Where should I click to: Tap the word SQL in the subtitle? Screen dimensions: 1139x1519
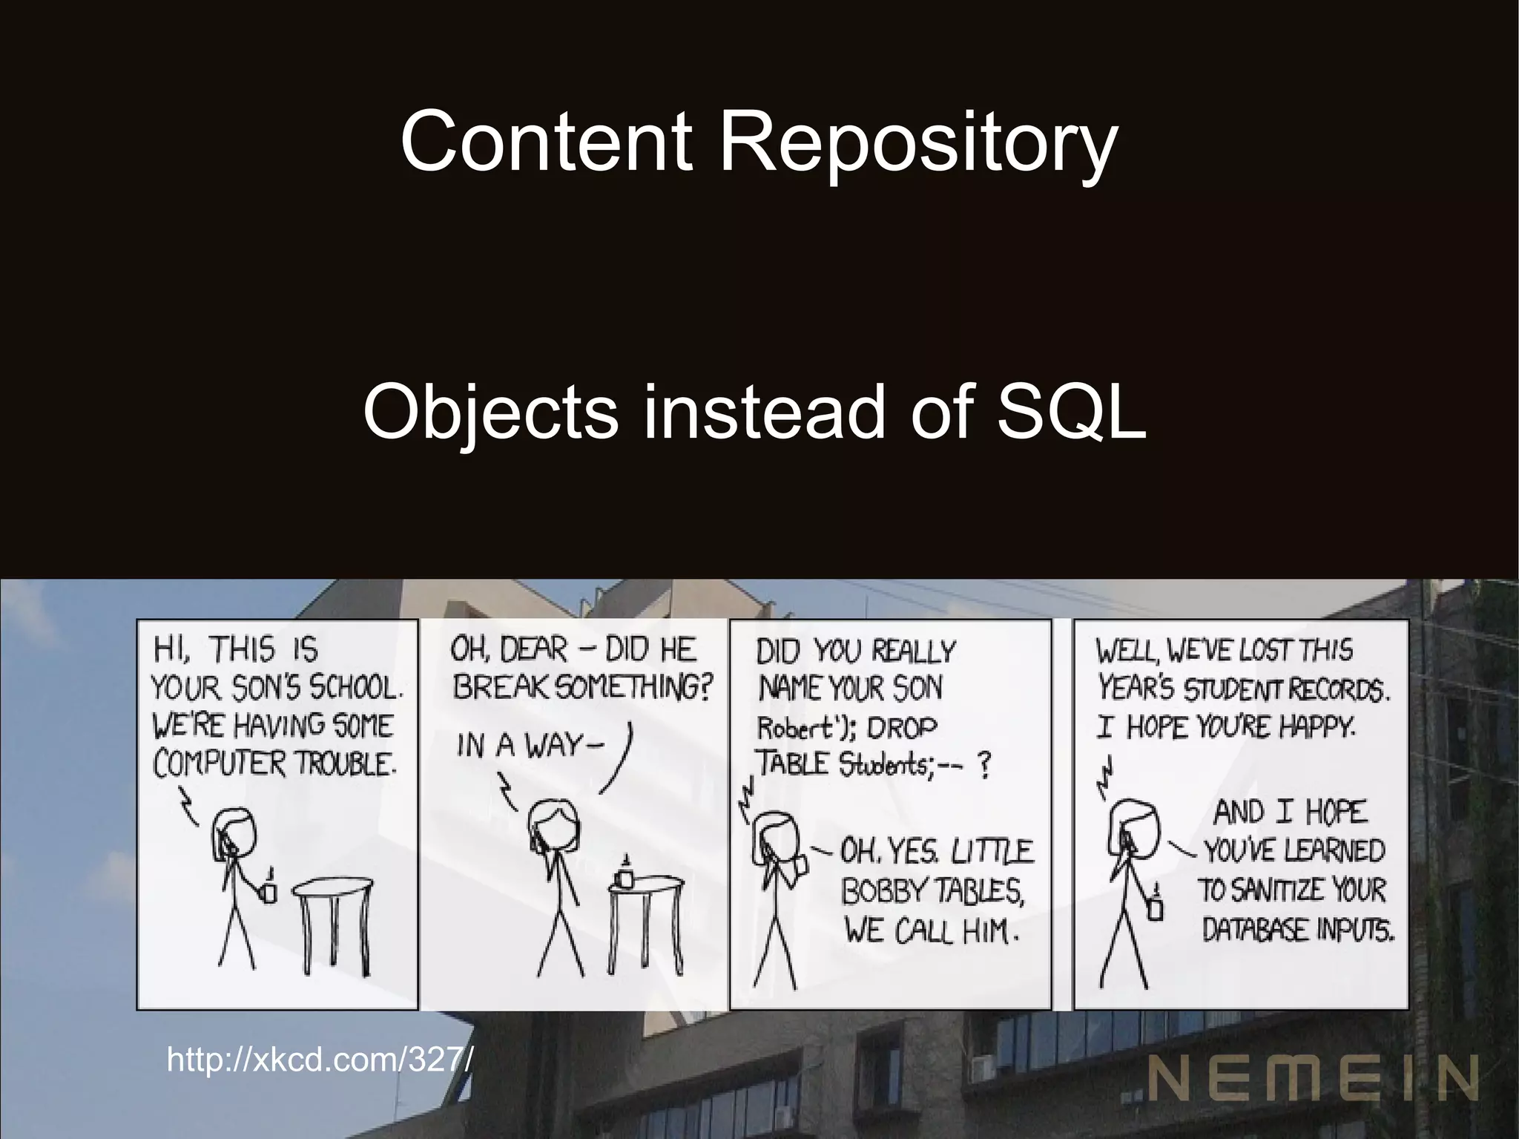pos(1071,411)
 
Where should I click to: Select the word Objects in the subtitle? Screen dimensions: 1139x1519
pos(490,413)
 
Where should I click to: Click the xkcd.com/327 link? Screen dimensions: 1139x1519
pos(319,1060)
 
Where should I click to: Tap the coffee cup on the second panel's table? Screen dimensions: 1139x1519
pos(625,877)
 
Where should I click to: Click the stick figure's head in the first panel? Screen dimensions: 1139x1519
pos(234,832)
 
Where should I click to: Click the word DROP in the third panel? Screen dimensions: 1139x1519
pos(901,728)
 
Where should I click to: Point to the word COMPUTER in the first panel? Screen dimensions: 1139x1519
pos(220,764)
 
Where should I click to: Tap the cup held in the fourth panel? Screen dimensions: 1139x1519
pos(1155,908)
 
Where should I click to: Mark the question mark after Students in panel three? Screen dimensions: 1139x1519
pos(983,766)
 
